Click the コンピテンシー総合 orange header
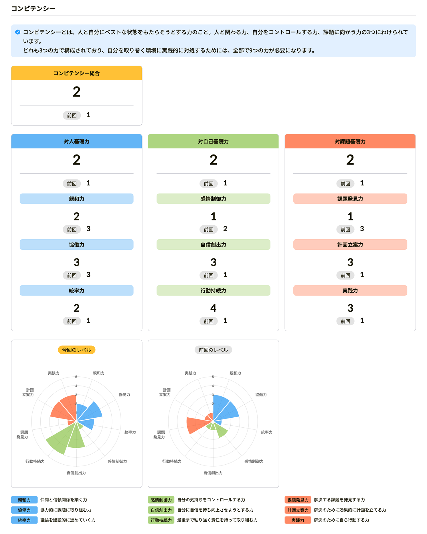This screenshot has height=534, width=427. (x=76, y=73)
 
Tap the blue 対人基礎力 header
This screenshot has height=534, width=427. (x=76, y=141)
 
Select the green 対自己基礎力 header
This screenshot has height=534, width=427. (x=213, y=141)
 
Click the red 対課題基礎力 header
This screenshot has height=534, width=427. (x=350, y=141)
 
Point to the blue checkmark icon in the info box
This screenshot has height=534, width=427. (x=18, y=32)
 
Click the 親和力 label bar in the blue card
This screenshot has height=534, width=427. (x=76, y=199)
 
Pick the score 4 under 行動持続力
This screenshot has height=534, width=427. (x=213, y=308)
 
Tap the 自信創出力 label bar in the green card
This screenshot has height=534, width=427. (x=213, y=244)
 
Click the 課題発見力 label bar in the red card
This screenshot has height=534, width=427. (x=350, y=199)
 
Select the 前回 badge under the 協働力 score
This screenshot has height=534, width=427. (x=72, y=275)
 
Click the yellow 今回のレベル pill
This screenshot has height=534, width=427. (x=76, y=350)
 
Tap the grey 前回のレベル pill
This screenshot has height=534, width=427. (x=213, y=350)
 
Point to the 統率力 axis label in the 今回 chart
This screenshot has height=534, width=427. (x=130, y=432)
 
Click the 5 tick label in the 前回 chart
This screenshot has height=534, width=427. (x=213, y=377)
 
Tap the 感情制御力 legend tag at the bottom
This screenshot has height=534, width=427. (x=161, y=500)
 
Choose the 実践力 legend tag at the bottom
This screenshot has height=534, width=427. (x=298, y=520)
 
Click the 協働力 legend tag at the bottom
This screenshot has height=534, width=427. (x=24, y=510)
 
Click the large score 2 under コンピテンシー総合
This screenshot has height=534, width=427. (x=76, y=92)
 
